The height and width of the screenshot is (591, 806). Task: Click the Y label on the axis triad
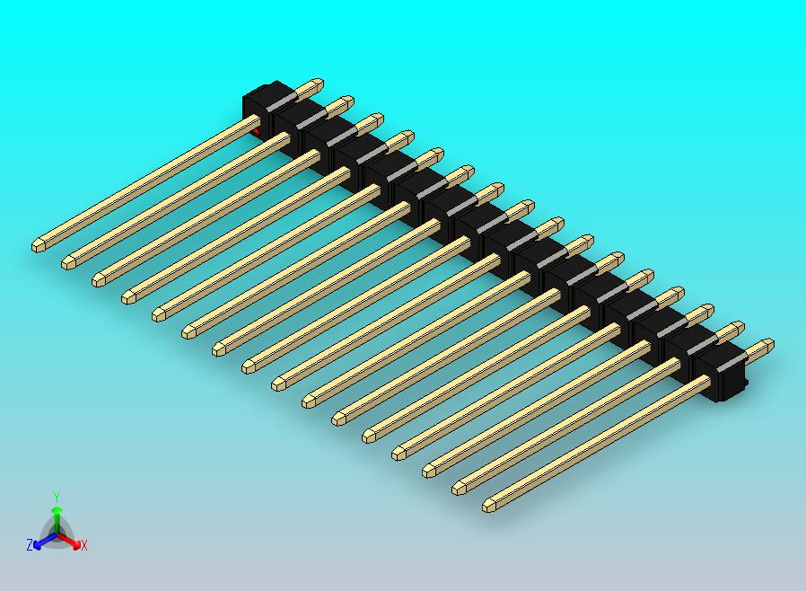[x=57, y=496]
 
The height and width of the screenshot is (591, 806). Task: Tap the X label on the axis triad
[x=84, y=545]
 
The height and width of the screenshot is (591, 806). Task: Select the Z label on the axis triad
[x=30, y=544]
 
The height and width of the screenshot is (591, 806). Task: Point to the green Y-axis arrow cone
[x=57, y=513]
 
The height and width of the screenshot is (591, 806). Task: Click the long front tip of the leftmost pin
[x=39, y=244]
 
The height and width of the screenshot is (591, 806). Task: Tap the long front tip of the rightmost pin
[x=490, y=506]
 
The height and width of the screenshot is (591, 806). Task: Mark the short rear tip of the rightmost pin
[x=767, y=344]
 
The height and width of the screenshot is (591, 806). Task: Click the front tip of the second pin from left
[x=68, y=262]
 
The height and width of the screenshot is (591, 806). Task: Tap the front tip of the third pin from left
[x=99, y=279]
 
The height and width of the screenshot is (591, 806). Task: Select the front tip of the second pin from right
[x=460, y=489]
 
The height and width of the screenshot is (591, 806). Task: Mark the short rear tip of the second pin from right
[x=737, y=327]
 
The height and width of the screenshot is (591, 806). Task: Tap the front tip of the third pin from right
[x=430, y=471]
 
